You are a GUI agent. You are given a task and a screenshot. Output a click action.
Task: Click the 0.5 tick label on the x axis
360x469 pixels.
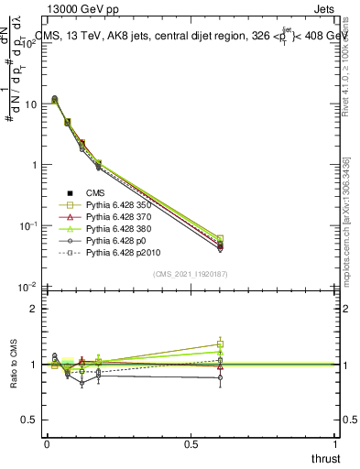[x=191, y=443]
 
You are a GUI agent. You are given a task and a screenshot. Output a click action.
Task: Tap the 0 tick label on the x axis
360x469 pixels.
[x=47, y=443]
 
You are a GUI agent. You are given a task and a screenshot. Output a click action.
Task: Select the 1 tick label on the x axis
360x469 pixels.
[x=337, y=443]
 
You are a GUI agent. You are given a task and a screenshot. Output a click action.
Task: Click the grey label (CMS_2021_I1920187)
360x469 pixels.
[x=191, y=273]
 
